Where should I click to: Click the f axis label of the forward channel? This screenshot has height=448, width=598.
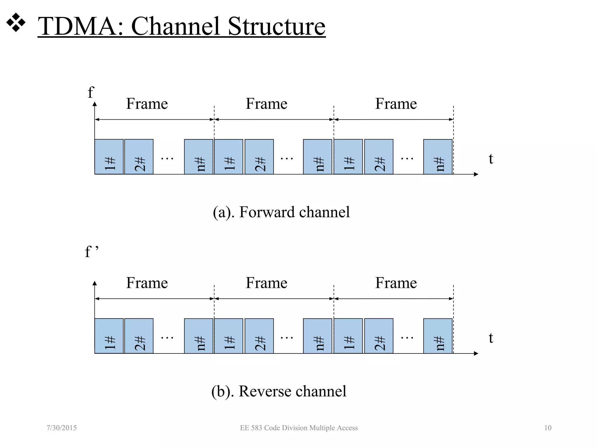coord(91,92)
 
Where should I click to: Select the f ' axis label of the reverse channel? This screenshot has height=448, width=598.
coord(91,252)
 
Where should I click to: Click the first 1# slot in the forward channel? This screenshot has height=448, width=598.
coord(109,157)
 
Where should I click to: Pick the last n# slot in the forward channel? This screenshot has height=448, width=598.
coord(438,157)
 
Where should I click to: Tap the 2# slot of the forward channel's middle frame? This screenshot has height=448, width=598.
coord(259,157)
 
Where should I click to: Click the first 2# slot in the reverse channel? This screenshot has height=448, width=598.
coord(139,336)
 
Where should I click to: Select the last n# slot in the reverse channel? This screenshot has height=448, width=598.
coord(438,336)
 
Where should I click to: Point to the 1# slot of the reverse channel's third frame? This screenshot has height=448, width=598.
coord(348,336)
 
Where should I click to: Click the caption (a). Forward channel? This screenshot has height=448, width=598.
coord(281,212)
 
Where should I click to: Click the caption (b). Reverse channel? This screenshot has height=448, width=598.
coord(279,391)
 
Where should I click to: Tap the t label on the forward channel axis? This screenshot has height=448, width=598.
coord(491,159)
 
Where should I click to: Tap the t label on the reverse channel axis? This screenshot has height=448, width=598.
coord(491,338)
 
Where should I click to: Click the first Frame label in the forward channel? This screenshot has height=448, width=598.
coord(147,104)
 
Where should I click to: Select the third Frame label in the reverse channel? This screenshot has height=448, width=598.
coord(396,283)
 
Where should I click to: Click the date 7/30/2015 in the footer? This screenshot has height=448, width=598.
coord(62,428)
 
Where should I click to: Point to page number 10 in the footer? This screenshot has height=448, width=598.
coord(548,428)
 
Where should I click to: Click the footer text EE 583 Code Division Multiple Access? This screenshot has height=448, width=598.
coord(299,428)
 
